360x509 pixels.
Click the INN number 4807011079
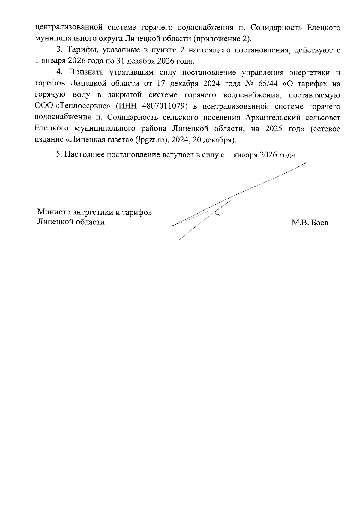coord(163,106)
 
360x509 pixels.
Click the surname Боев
coord(319,223)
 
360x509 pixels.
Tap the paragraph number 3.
coord(59,50)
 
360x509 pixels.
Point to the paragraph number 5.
coord(59,155)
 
